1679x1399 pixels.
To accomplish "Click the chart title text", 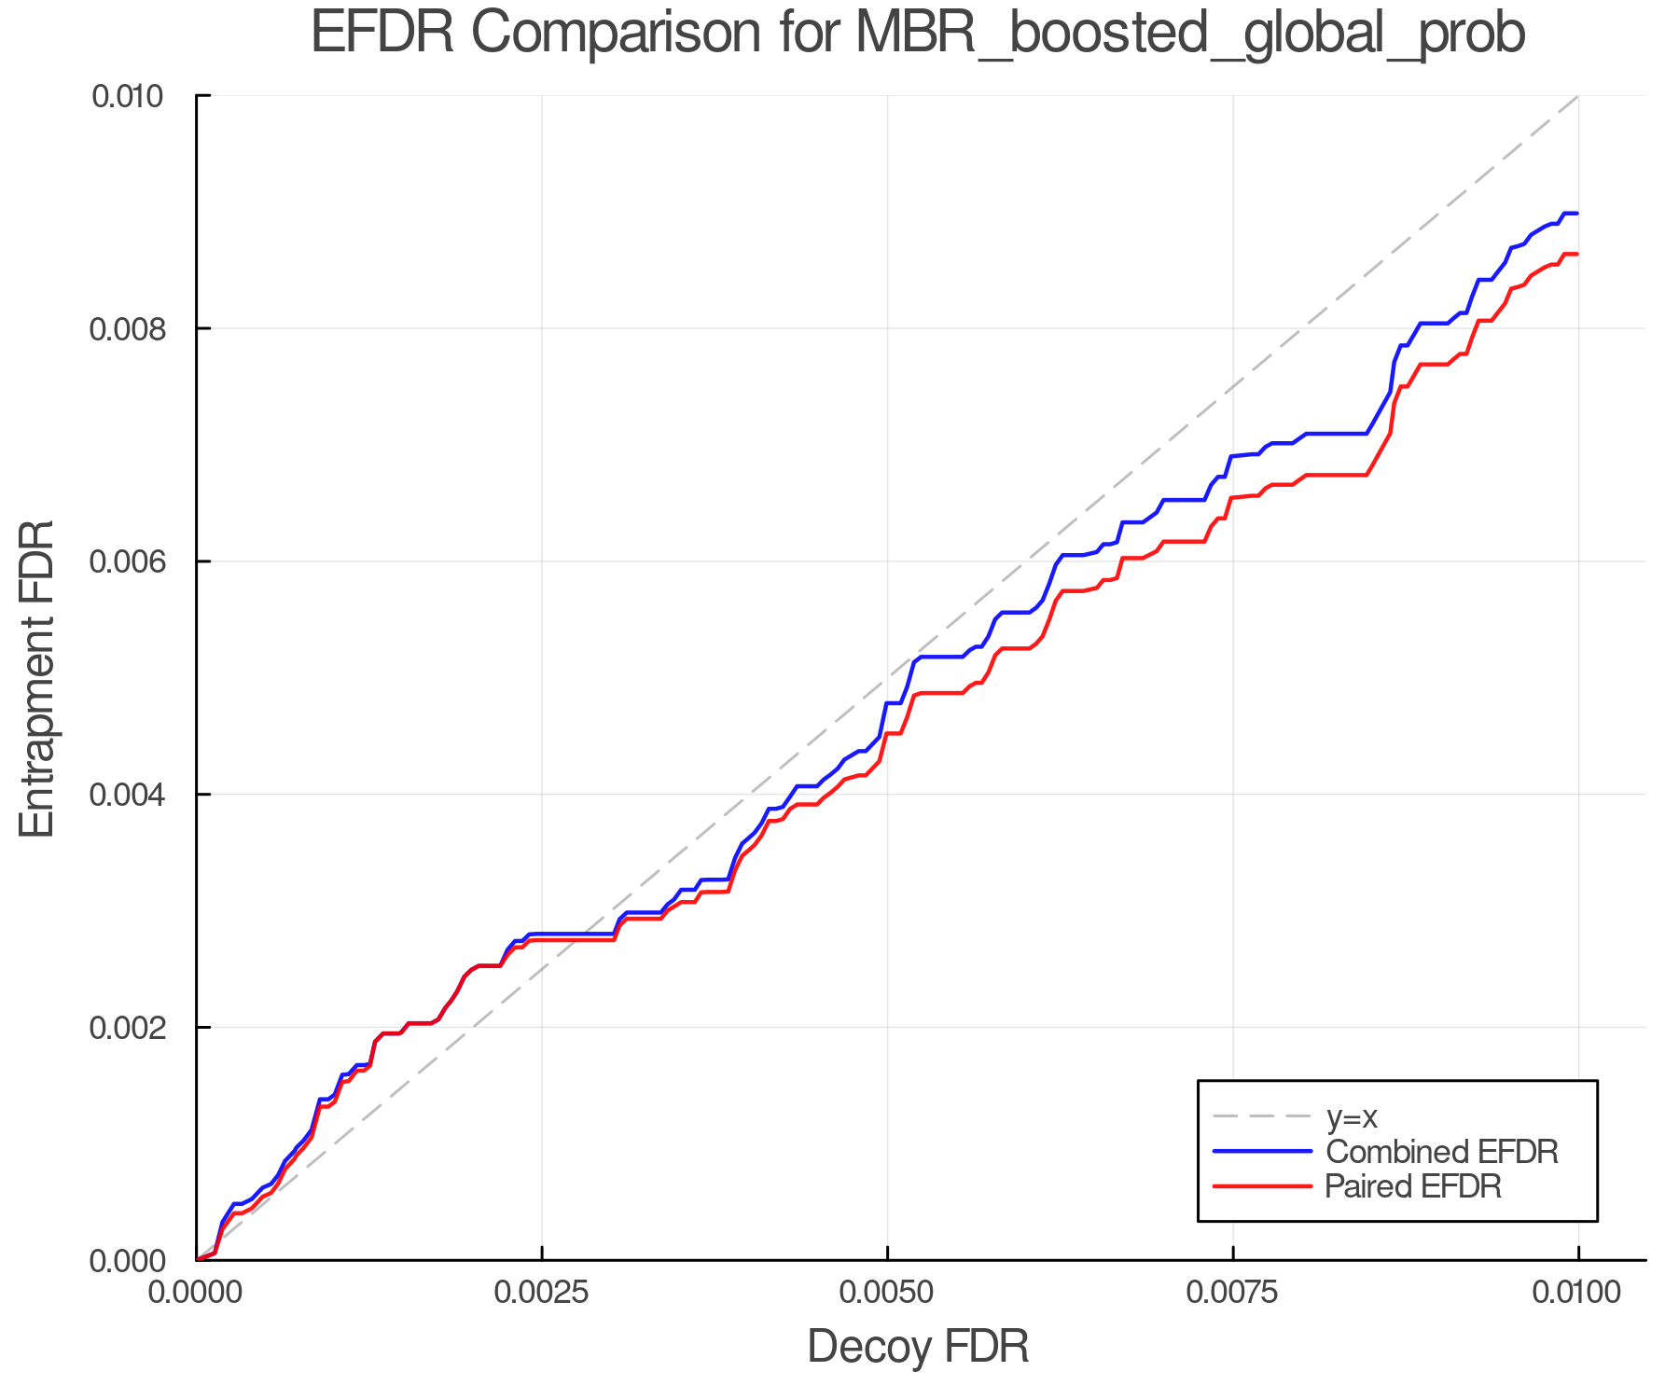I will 918,34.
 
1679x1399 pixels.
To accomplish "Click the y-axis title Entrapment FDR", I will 37,678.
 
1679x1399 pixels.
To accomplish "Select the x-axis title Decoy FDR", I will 918,1346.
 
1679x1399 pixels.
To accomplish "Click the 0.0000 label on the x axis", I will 197,1293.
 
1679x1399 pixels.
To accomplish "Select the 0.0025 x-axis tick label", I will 542,1293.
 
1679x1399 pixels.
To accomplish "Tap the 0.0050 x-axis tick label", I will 887,1293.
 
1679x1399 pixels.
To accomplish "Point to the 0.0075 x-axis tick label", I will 1233,1293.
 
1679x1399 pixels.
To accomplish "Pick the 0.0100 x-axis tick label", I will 1578,1293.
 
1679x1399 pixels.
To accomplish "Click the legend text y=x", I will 1352,1116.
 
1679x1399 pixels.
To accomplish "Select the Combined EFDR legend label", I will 1441,1152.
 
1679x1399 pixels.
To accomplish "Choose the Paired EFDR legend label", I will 1413,1186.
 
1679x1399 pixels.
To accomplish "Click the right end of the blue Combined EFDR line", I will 1577,214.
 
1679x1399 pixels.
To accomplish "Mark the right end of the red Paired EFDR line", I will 1577,254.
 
